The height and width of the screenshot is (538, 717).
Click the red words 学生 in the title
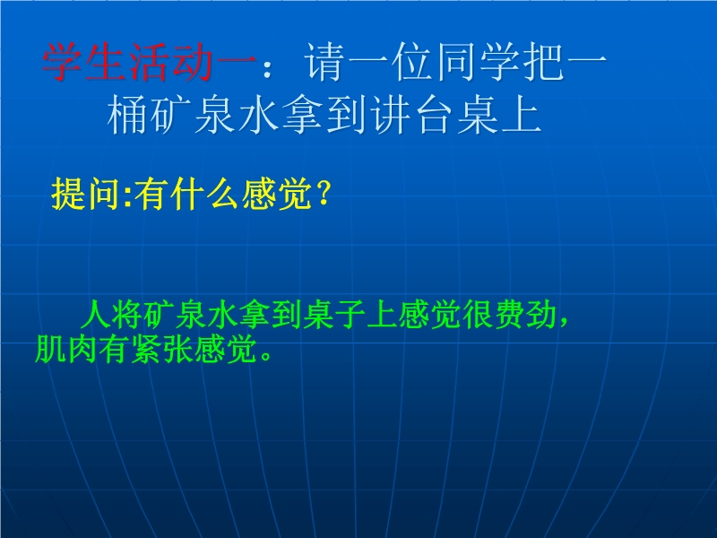click(x=84, y=62)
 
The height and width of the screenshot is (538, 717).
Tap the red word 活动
click(x=170, y=62)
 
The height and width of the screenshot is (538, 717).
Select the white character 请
click(x=324, y=62)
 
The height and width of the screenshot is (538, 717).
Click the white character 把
click(x=543, y=62)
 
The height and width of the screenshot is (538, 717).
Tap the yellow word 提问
click(x=86, y=195)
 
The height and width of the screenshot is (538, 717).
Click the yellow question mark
click(x=323, y=195)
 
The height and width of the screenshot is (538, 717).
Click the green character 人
click(x=96, y=315)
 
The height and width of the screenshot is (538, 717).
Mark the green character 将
click(x=127, y=315)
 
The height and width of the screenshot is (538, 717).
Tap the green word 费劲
click(x=525, y=315)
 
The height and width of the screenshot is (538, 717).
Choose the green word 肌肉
click(x=66, y=349)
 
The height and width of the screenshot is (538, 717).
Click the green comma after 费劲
click(x=563, y=322)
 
